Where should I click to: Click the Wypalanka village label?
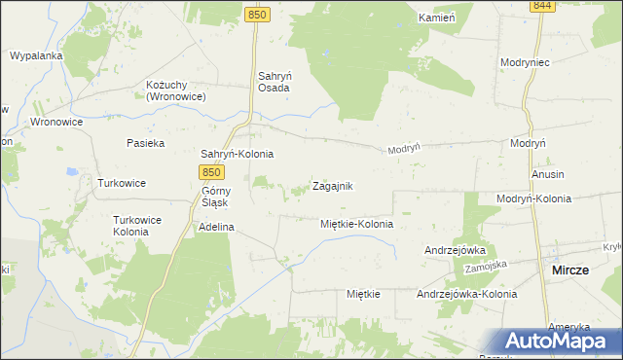tap(36, 55)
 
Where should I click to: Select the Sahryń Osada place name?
tap(274, 81)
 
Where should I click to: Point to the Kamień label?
tap(436, 18)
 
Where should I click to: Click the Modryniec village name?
tap(526, 61)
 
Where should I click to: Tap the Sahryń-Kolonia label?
tap(237, 154)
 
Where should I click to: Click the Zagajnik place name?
tap(332, 186)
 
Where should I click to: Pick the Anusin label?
tap(549, 174)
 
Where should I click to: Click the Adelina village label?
tap(217, 227)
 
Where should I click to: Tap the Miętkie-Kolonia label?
tap(356, 224)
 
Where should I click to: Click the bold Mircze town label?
tap(569, 270)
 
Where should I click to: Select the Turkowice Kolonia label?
tap(137, 226)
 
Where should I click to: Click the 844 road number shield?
tap(543, 6)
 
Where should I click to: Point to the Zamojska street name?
tap(488, 266)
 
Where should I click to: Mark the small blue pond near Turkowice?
tap(70, 171)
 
